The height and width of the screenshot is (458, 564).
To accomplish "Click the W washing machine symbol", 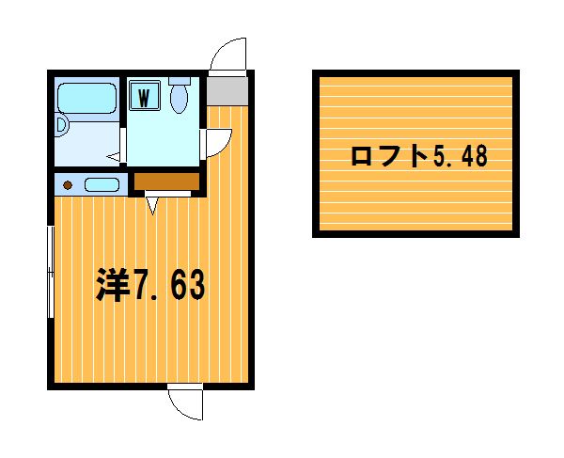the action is click(x=144, y=95).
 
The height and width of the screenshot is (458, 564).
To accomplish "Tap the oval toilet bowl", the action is click(x=179, y=99).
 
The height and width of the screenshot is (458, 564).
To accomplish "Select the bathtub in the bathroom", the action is click(x=86, y=98).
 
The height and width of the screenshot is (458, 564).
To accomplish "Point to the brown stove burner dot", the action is click(x=68, y=185).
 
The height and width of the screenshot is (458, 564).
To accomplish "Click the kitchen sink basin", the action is click(x=102, y=185).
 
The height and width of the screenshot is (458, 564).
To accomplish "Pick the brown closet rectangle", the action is click(x=166, y=182).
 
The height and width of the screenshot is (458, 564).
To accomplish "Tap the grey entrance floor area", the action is click(x=227, y=91).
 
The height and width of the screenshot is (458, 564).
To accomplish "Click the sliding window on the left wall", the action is click(x=51, y=272).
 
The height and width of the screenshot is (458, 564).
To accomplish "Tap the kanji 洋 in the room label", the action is click(x=113, y=284).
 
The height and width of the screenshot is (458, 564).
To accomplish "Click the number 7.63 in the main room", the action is click(x=169, y=285).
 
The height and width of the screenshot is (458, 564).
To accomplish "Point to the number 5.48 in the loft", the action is click(x=460, y=156).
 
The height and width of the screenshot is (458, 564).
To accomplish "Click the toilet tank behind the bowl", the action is click(x=180, y=81).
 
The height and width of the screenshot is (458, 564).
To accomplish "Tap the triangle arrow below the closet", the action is click(x=153, y=206).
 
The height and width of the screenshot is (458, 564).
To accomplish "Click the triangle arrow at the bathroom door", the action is click(x=114, y=156).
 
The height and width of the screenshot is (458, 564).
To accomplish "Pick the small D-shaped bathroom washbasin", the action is click(x=61, y=125).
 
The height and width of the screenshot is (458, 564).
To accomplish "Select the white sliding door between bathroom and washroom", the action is click(x=122, y=145).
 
